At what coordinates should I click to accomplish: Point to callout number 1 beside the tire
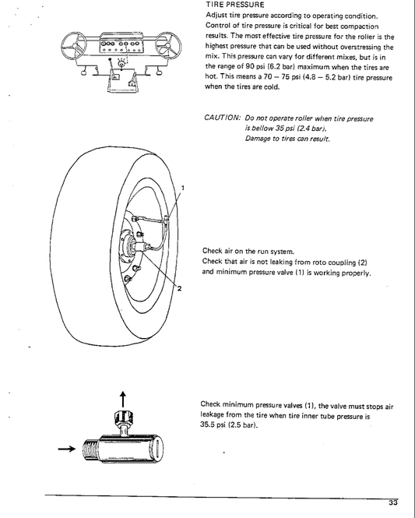point(182,189)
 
